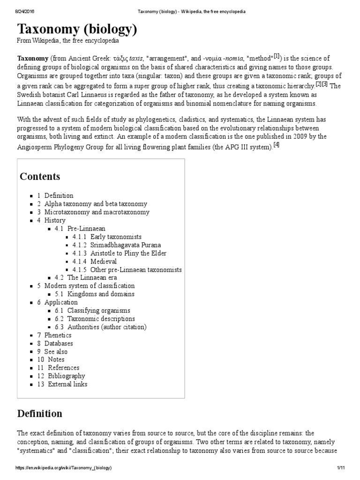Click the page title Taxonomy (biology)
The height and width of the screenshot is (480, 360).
tap(77, 30)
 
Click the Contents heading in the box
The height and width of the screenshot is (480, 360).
tap(40, 177)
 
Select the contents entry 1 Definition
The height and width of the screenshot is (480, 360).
tap(59, 195)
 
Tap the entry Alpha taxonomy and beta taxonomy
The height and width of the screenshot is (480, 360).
tap(95, 204)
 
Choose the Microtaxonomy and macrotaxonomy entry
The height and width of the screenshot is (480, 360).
tap(97, 212)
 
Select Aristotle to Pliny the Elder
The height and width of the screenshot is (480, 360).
tap(128, 253)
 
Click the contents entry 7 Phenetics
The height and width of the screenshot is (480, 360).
tap(58, 335)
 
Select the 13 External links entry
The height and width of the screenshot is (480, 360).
tap(67, 384)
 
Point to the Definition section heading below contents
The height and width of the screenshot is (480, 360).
tap(39, 413)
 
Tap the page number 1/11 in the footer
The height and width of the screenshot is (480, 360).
tap(341, 468)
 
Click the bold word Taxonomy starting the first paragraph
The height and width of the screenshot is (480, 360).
tap(32, 59)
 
